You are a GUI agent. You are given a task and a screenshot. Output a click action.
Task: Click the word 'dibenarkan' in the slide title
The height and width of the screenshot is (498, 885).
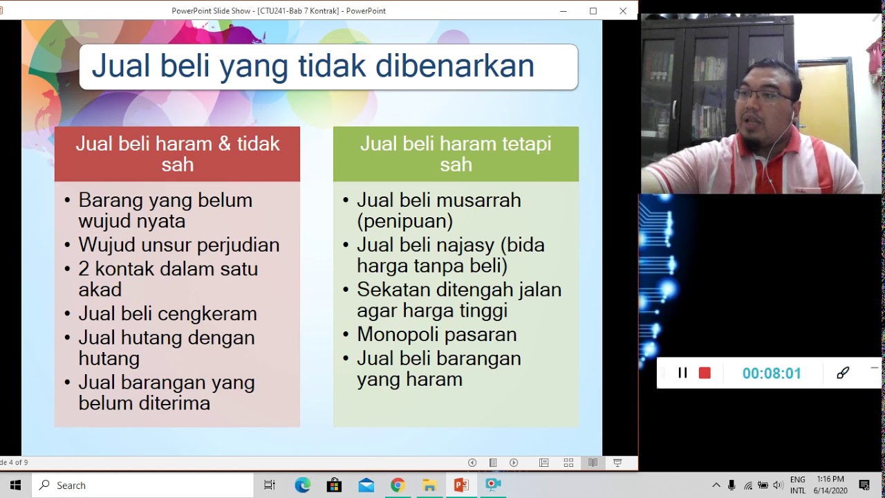tap(455, 66)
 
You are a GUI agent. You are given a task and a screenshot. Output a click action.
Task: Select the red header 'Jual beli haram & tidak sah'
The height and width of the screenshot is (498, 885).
tap(177, 154)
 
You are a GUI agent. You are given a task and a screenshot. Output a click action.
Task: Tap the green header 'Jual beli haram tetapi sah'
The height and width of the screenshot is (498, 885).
tap(456, 154)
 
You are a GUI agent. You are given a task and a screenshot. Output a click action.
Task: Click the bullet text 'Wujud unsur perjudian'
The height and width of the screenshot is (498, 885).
tap(179, 245)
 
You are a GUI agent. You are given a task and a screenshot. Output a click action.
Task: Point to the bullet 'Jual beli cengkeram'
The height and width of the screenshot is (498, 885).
tap(168, 313)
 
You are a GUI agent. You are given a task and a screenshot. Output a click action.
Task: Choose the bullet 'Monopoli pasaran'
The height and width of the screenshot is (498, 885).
tap(437, 334)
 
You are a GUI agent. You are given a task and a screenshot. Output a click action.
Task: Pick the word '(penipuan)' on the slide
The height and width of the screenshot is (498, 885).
tap(405, 221)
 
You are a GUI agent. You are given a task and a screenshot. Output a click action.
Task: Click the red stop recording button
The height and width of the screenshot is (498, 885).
tap(705, 373)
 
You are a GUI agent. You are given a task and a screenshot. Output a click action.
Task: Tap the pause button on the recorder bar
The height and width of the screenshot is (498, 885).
tap(682, 373)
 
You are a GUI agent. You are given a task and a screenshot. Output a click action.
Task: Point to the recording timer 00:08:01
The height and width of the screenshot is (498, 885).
tap(772, 373)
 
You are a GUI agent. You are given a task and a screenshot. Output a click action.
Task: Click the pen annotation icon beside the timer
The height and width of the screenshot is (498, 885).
tap(843, 373)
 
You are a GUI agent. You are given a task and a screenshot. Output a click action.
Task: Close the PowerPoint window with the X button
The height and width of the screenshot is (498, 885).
tap(623, 10)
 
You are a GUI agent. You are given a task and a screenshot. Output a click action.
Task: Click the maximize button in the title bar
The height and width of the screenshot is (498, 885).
tap(593, 10)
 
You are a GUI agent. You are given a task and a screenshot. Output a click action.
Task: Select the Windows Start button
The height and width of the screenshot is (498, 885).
tap(15, 485)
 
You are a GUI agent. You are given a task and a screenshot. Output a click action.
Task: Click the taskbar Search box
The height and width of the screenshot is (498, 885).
tap(142, 485)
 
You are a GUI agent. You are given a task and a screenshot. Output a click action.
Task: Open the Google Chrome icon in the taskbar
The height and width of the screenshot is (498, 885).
tap(398, 485)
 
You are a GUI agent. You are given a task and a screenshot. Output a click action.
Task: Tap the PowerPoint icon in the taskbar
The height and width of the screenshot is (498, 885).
tap(461, 485)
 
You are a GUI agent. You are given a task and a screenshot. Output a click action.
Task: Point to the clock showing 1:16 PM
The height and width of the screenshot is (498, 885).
tap(830, 479)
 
